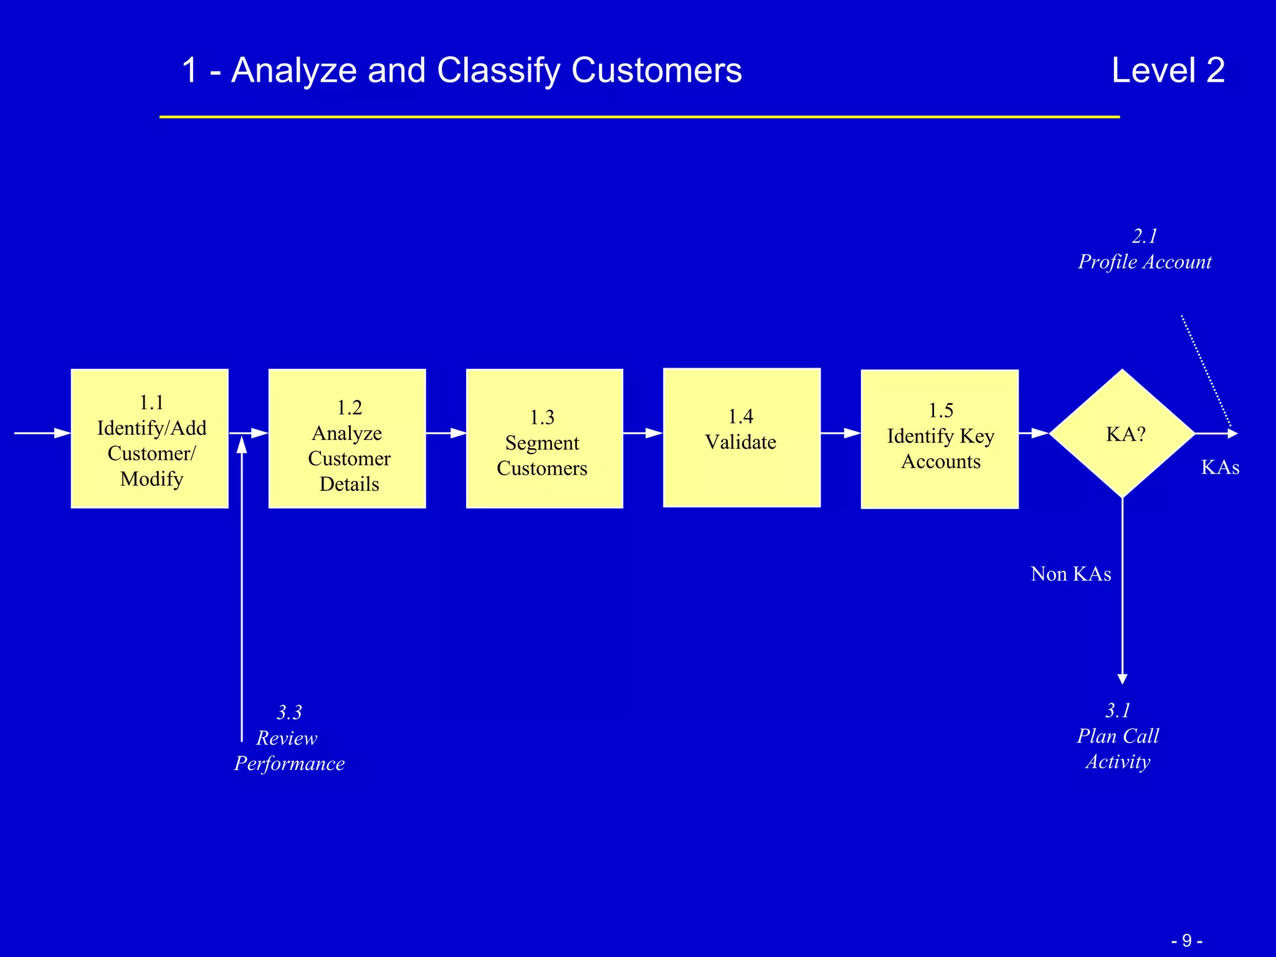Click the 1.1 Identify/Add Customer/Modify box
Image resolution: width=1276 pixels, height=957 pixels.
150,439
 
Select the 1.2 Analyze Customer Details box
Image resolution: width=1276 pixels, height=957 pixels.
347,439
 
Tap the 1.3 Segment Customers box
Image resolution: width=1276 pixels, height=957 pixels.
544,439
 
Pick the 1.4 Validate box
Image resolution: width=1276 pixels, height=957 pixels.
741,437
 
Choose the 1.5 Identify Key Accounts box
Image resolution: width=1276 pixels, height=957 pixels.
940,439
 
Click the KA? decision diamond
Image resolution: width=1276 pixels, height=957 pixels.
1122,434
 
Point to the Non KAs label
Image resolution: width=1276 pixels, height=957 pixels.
1070,574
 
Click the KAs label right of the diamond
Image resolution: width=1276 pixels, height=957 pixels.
1219,467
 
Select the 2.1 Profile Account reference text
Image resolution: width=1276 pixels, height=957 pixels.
1145,249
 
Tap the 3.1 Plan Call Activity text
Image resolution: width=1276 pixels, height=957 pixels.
1118,736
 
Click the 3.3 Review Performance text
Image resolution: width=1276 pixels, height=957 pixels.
288,738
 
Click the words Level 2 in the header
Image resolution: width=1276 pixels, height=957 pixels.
1168,70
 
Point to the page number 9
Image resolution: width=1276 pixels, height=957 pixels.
1186,940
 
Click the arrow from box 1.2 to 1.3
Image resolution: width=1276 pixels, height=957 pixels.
445,432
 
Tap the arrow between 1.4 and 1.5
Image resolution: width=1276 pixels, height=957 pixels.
840,432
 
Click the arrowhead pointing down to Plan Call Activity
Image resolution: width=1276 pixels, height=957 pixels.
1122,678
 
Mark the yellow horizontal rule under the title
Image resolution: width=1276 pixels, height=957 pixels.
639,117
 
